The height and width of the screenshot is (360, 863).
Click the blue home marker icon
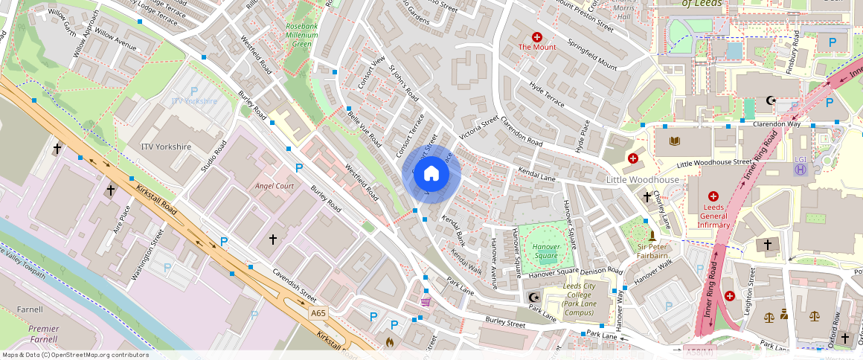pyautogui.click(x=431, y=175)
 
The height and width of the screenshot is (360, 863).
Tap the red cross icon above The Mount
pyautogui.click(x=536, y=36)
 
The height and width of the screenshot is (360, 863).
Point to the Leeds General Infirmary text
pyautogui.click(x=713, y=216)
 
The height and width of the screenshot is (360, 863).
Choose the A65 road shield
pyautogui.click(x=318, y=313)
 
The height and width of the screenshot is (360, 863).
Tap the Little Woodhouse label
pyautogui.click(x=642, y=180)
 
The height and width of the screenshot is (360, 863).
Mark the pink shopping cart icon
pyautogui.click(x=426, y=301)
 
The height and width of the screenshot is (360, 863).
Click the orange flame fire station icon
pyautogui.click(x=389, y=342)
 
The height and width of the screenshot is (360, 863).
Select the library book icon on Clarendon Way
pyautogui.click(x=675, y=141)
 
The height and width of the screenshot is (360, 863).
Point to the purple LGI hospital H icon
pyautogui.click(x=800, y=170)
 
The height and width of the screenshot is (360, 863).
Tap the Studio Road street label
pyautogui.click(x=213, y=155)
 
